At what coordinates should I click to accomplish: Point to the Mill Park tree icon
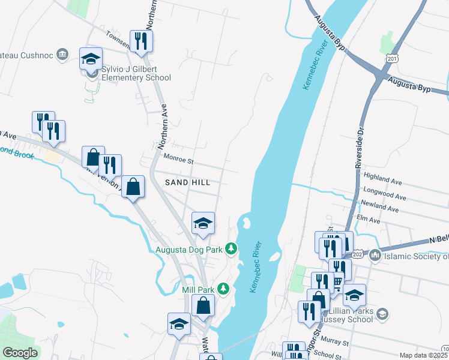coord(223,289)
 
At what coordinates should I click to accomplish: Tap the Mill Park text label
coord(198,289)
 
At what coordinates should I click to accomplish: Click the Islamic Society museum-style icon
coord(375,256)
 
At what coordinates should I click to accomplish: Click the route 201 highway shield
coord(393,59)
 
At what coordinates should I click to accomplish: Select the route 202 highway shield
coord(357,255)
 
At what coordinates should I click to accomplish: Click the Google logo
coord(20,353)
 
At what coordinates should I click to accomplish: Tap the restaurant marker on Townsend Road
coord(141,41)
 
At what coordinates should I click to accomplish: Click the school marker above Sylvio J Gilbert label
coord(91,59)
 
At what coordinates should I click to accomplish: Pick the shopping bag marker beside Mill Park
coord(203,305)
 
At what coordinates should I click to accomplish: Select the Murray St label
coord(338,343)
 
